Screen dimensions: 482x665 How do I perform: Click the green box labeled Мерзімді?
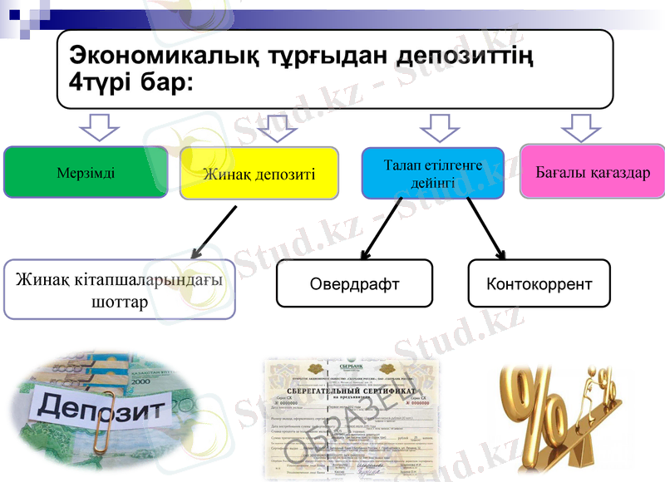[86, 173]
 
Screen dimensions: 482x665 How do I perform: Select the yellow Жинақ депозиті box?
[259, 173]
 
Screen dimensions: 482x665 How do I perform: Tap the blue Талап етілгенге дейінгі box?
[432, 174]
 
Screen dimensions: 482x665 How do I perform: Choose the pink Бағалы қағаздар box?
[593, 172]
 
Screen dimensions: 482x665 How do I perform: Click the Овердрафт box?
[354, 283]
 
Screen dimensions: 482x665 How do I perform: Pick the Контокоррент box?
[539, 283]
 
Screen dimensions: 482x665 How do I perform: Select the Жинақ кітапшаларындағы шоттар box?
[119, 290]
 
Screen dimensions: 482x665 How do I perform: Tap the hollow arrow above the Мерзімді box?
[99, 130]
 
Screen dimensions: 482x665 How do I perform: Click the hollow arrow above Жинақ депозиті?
[277, 130]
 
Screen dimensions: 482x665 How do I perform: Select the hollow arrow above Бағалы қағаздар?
[581, 130]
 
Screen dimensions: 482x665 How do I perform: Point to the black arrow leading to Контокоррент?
[485, 229]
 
